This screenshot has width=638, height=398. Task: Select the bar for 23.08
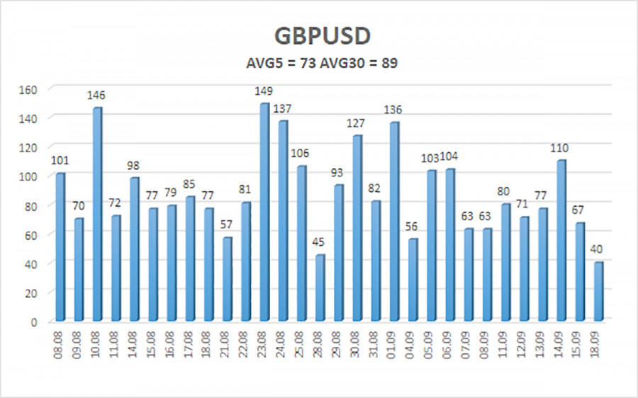tap(264, 212)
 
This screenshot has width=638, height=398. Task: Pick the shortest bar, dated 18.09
tap(598, 292)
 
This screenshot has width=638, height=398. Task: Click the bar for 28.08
tap(320, 288)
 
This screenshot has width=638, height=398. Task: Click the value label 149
tap(264, 91)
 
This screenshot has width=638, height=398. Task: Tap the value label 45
tap(320, 242)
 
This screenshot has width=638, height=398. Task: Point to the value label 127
tap(357, 123)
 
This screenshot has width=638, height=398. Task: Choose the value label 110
tap(560, 147)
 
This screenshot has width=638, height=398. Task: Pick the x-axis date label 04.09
tap(413, 343)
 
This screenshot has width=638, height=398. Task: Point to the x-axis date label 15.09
tap(579, 343)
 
